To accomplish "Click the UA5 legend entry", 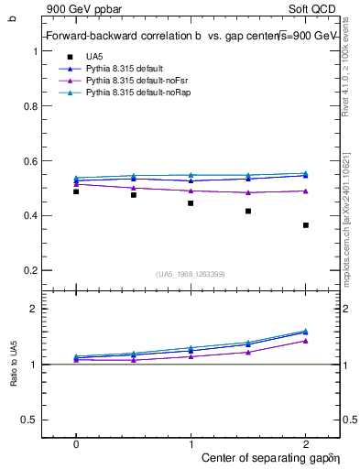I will coord(94,57).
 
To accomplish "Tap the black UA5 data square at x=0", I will coord(76,191).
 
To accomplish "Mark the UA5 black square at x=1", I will coord(191,202).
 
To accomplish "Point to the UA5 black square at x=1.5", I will coord(248,211).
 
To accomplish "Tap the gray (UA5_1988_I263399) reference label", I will coord(191,274).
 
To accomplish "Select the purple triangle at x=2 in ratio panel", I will coord(306,340).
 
